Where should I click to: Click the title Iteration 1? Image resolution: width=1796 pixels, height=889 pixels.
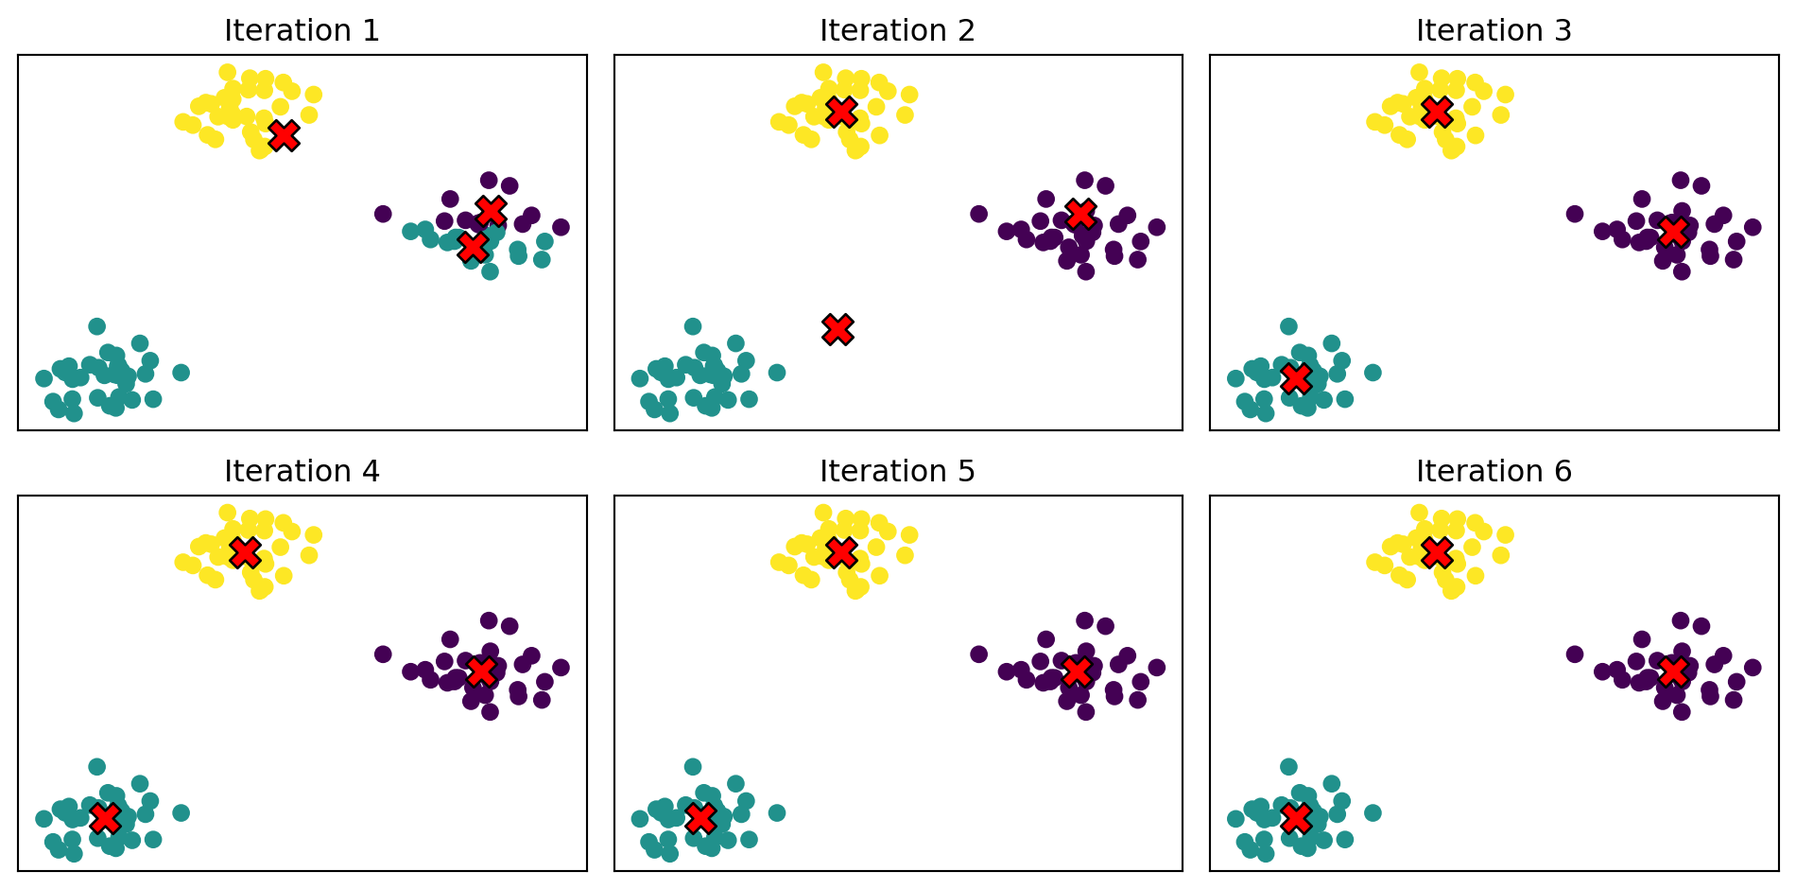[x=302, y=31]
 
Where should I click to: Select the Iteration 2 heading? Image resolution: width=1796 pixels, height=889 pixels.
[x=897, y=31]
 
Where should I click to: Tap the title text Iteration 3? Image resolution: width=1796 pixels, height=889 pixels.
[x=1494, y=31]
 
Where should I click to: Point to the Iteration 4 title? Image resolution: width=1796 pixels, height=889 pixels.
[x=302, y=471]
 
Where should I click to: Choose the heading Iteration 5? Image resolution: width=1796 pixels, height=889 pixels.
[x=897, y=471]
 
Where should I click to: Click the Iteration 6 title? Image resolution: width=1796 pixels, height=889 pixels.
[x=1494, y=471]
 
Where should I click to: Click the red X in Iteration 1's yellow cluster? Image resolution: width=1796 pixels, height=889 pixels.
[x=284, y=135]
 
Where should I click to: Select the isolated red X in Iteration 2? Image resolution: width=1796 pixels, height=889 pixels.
[x=838, y=329]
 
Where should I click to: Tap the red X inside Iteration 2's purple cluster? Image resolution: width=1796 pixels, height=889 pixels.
[x=1080, y=214]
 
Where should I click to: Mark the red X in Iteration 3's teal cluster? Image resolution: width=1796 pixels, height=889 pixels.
[x=1296, y=378]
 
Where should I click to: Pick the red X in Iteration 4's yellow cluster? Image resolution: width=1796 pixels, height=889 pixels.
[x=245, y=552]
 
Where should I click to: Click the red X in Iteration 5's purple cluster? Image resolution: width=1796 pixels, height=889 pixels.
[x=1076, y=671]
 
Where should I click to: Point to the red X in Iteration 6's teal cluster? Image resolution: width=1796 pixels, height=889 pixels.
[x=1296, y=818]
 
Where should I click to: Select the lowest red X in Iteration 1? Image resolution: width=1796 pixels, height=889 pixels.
[x=473, y=247]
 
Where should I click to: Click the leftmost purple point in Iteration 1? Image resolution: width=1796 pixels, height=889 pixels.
[x=383, y=214]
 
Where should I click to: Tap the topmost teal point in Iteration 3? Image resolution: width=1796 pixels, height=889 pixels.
[x=1288, y=326]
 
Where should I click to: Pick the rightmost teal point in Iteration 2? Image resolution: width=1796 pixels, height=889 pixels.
[x=777, y=373]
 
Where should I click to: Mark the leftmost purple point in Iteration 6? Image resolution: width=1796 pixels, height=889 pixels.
[x=1575, y=654]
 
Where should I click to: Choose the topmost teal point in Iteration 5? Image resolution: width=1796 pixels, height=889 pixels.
[x=693, y=767]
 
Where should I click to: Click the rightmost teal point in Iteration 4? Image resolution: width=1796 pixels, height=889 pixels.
[x=181, y=812]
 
